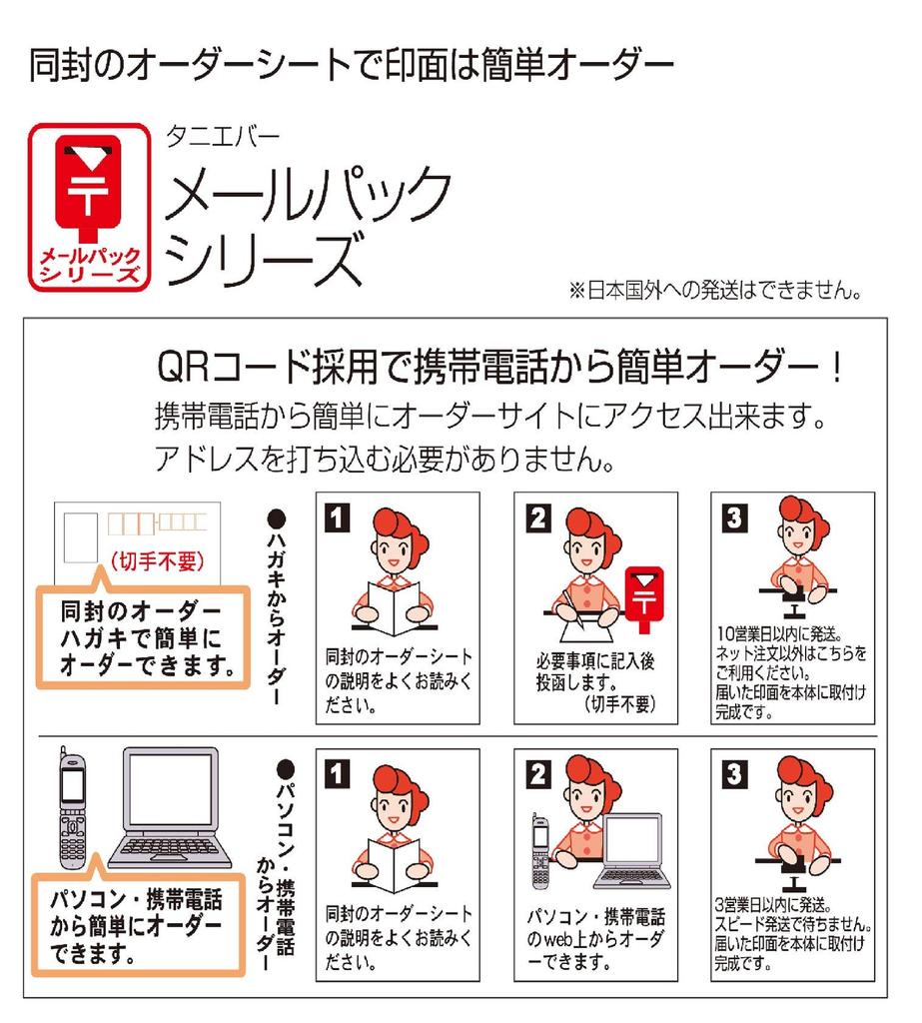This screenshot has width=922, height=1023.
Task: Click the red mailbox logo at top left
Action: click(89, 207)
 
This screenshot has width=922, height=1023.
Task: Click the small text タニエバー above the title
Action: click(223, 136)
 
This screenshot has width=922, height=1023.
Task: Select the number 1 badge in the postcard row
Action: click(338, 518)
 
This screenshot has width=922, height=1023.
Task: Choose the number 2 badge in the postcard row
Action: click(538, 518)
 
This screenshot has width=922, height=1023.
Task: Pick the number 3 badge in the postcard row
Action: click(735, 518)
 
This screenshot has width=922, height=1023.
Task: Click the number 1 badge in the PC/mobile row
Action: click(338, 774)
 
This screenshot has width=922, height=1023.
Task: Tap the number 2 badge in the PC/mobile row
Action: click(538, 774)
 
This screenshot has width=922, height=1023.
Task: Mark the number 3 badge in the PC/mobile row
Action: click(735, 774)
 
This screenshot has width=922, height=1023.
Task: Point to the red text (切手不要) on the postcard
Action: click(157, 561)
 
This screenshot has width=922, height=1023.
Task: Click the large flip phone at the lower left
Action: click(72, 808)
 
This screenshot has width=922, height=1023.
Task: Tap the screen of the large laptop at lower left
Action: click(171, 791)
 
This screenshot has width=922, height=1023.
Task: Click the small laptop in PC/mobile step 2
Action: click(631, 851)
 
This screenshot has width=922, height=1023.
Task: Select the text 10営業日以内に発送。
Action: click(779, 633)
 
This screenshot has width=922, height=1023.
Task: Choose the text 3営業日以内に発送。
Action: click(773, 905)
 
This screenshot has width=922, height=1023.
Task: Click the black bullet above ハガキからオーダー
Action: click(277, 519)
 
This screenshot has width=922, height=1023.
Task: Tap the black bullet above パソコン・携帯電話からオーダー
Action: click(286, 769)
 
